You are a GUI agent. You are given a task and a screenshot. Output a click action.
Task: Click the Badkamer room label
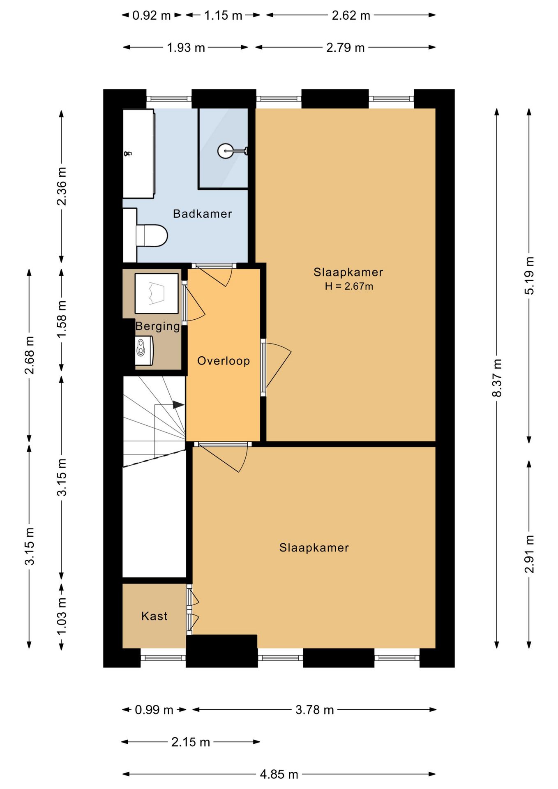click(x=202, y=214)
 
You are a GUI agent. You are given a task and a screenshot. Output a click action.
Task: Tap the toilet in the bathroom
click(x=151, y=235)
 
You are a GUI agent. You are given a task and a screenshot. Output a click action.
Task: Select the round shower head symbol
click(x=226, y=151)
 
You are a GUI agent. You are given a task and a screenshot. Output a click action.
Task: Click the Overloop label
click(x=224, y=361)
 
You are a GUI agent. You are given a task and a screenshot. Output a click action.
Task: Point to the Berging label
click(x=158, y=326)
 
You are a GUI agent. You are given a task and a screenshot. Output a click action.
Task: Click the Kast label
click(x=154, y=616)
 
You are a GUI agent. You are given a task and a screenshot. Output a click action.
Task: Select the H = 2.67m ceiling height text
click(x=349, y=286)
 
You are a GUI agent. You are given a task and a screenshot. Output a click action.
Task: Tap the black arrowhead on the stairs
click(x=178, y=405)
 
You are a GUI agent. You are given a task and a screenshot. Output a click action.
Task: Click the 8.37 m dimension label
click(x=497, y=378)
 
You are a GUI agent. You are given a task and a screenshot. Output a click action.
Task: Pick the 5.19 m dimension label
click(x=529, y=276)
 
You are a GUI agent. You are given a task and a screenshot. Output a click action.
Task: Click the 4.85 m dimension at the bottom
click(x=279, y=775)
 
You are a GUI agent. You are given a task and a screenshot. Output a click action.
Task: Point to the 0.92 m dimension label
click(x=151, y=16)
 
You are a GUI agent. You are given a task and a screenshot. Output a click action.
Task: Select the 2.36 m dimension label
click(x=62, y=186)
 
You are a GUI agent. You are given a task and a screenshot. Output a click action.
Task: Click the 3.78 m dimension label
click(x=315, y=710)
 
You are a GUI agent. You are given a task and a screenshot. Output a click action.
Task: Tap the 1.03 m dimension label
click(x=62, y=616)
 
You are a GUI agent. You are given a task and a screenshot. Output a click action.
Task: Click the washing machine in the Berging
click(x=157, y=293)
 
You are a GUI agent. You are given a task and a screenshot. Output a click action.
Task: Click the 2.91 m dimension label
click(x=529, y=554)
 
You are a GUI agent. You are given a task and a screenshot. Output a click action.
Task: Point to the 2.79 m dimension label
click(x=346, y=48)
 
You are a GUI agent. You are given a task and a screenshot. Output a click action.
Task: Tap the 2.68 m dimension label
click(x=29, y=355)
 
